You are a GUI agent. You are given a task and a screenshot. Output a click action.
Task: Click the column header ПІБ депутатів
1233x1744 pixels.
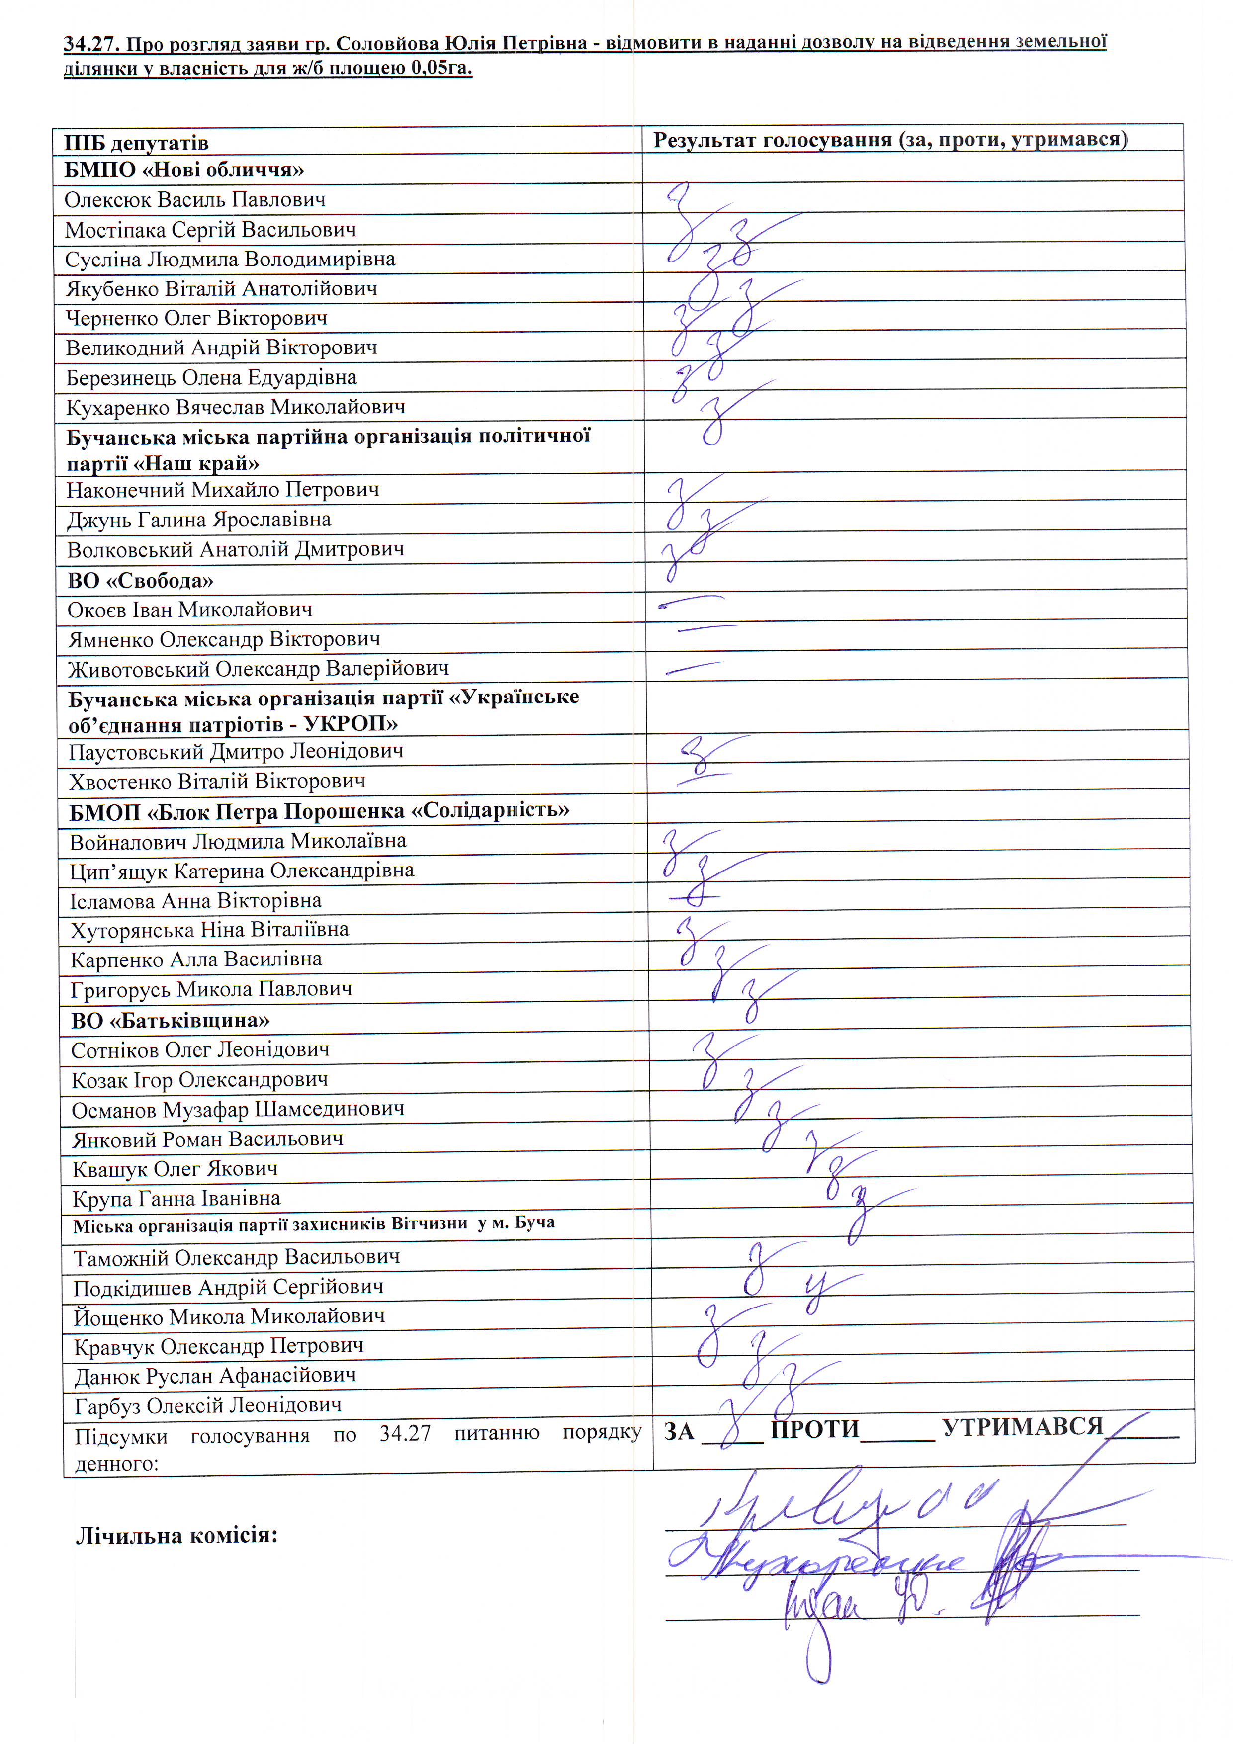pyautogui.click(x=137, y=143)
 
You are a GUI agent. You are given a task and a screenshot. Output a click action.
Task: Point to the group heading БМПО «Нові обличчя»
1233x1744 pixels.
pyautogui.click(x=184, y=170)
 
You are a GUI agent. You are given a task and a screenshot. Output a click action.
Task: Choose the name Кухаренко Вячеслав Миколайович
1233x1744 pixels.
pyautogui.click(x=236, y=407)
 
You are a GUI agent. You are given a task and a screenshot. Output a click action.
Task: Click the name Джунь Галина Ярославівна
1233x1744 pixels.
pyautogui.click(x=199, y=520)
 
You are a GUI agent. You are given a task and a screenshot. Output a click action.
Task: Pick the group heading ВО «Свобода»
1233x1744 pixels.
pyautogui.click(x=141, y=580)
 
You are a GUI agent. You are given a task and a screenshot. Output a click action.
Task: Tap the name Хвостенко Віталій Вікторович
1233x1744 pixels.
pyautogui.click(x=217, y=781)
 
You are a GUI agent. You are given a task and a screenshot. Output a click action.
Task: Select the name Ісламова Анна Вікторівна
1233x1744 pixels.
pyautogui.click(x=196, y=901)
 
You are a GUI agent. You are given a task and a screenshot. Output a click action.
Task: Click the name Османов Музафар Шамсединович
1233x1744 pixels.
pyautogui.click(x=238, y=1110)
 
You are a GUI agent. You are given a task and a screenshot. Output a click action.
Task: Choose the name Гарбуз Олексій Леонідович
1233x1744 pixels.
pyautogui.click(x=207, y=1406)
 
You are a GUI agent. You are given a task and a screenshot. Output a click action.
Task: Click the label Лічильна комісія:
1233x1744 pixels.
pyautogui.click(x=177, y=1536)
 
